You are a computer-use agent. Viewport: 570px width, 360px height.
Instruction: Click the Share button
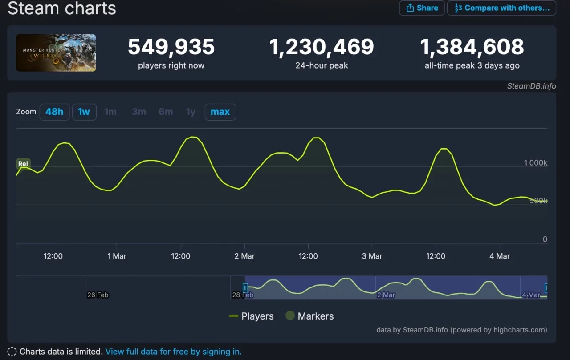(x=422, y=8)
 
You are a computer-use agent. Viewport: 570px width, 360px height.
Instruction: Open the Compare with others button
(x=501, y=8)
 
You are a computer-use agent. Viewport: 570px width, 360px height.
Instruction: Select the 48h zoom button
(x=54, y=112)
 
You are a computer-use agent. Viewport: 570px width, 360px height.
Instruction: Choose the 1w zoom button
(x=84, y=112)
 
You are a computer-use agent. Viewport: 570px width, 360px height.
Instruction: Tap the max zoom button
(x=220, y=112)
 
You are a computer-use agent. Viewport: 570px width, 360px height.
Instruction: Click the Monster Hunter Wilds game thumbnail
(x=56, y=53)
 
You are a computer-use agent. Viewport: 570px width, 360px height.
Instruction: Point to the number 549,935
(x=171, y=47)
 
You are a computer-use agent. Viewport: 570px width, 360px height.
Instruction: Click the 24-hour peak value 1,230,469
(x=322, y=47)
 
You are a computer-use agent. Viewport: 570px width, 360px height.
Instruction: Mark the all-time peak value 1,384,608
(x=472, y=47)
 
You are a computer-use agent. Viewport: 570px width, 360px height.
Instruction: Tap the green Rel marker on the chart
(x=23, y=164)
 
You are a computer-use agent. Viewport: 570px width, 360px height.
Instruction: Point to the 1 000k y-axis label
(x=535, y=163)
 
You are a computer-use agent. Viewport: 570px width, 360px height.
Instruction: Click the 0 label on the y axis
(x=545, y=239)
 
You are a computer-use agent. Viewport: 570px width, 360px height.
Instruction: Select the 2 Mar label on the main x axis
(x=244, y=256)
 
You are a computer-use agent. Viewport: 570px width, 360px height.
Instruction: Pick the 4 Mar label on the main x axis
(x=500, y=256)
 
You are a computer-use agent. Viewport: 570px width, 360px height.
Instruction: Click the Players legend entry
(x=252, y=316)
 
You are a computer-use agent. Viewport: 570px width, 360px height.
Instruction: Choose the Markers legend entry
(x=309, y=316)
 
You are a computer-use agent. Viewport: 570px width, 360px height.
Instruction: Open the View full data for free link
(x=173, y=352)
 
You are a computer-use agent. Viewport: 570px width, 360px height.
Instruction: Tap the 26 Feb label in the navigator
(x=98, y=295)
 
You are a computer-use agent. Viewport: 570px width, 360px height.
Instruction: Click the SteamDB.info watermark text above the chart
(x=531, y=86)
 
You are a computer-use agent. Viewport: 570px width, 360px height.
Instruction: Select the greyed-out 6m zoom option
(x=166, y=112)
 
